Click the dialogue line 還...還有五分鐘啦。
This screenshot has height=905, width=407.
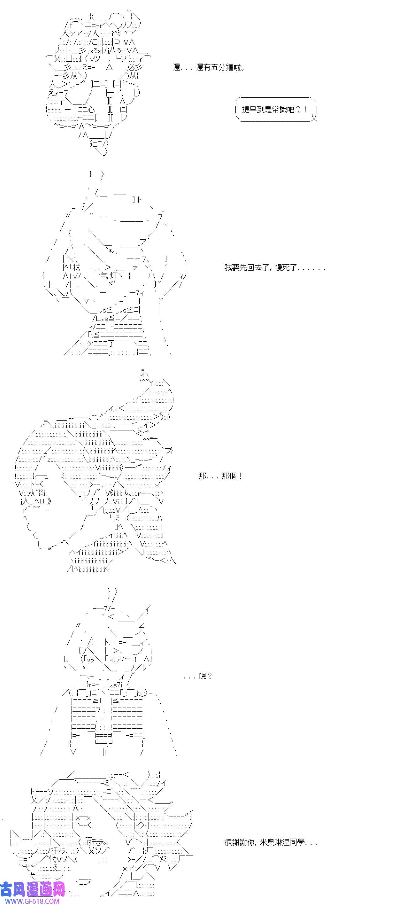click(209, 67)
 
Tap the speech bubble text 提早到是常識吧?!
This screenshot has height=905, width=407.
click(274, 110)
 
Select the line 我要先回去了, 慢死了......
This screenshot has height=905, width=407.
click(274, 268)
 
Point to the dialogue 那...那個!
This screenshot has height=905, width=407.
click(220, 476)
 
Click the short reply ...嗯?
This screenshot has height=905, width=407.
click(198, 676)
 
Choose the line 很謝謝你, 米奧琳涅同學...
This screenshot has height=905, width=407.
click(271, 842)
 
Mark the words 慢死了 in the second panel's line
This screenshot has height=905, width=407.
click(286, 268)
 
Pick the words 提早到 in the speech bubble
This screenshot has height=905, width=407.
click(254, 110)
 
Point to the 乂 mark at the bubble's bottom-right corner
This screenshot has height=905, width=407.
click(314, 118)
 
